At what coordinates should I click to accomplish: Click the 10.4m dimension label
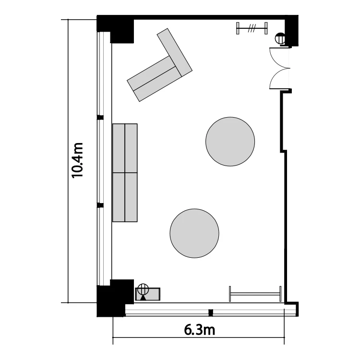pyautogui.click(x=77, y=160)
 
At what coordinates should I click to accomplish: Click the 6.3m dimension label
pyautogui.click(x=200, y=330)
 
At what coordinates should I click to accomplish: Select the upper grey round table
pyautogui.click(x=230, y=142)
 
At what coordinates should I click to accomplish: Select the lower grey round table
pyautogui.click(x=194, y=233)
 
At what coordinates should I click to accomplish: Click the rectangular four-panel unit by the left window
pyautogui.click(x=125, y=173)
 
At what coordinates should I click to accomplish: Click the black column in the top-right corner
pyautogui.click(x=291, y=30)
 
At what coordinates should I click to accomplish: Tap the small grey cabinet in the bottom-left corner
pyautogui.click(x=148, y=294)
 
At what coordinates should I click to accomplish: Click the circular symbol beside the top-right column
pyautogui.click(x=280, y=38)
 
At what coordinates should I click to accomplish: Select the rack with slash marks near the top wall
pyautogui.click(x=252, y=28)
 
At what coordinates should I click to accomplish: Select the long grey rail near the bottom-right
pyautogui.click(x=255, y=294)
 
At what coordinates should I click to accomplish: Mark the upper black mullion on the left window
pyautogui.click(x=100, y=117)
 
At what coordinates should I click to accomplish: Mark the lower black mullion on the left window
pyautogui.click(x=100, y=205)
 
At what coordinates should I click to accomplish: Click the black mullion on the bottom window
pyautogui.click(x=211, y=312)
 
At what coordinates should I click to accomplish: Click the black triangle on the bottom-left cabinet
pyautogui.click(x=143, y=298)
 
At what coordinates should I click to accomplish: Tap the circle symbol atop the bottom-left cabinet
pyautogui.click(x=143, y=289)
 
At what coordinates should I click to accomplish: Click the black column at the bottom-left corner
pyautogui.click(x=115, y=299)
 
